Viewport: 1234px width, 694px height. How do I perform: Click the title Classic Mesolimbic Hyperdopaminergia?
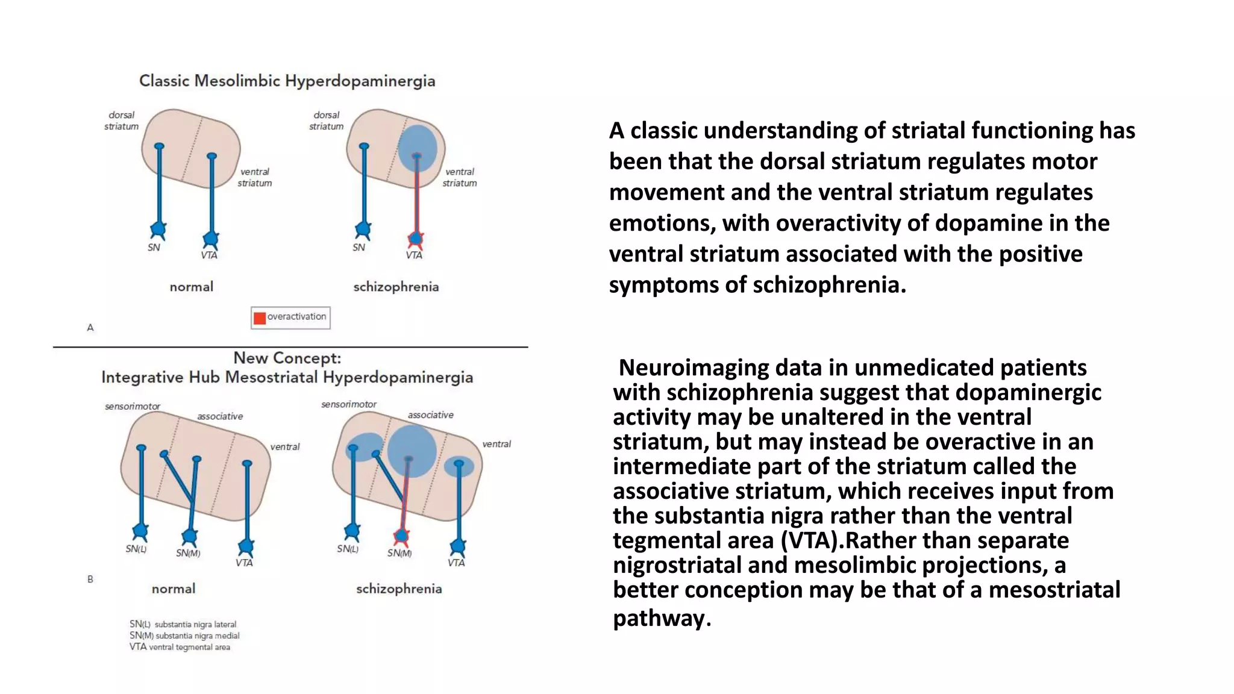tap(287, 81)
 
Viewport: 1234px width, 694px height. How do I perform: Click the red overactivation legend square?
tap(260, 318)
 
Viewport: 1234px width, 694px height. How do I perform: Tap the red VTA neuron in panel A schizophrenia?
tap(415, 239)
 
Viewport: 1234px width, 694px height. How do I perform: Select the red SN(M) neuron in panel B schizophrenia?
tap(401, 535)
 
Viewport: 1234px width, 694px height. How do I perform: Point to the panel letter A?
tap(90, 328)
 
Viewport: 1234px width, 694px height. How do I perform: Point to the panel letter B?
tap(90, 579)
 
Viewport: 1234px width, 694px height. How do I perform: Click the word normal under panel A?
tap(192, 287)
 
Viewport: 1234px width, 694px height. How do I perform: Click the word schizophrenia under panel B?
tap(399, 589)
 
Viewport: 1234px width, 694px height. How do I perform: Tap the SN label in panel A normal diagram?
tap(154, 247)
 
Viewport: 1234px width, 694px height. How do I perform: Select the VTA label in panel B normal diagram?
tap(244, 563)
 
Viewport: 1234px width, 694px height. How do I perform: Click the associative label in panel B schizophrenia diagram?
tap(430, 414)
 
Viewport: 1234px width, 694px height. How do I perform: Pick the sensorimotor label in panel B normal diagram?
tap(133, 406)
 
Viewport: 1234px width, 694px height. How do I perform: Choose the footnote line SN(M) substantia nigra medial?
tap(184, 636)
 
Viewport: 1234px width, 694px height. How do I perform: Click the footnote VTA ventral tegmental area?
tap(180, 647)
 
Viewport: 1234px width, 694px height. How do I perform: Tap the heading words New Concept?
tap(287, 358)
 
